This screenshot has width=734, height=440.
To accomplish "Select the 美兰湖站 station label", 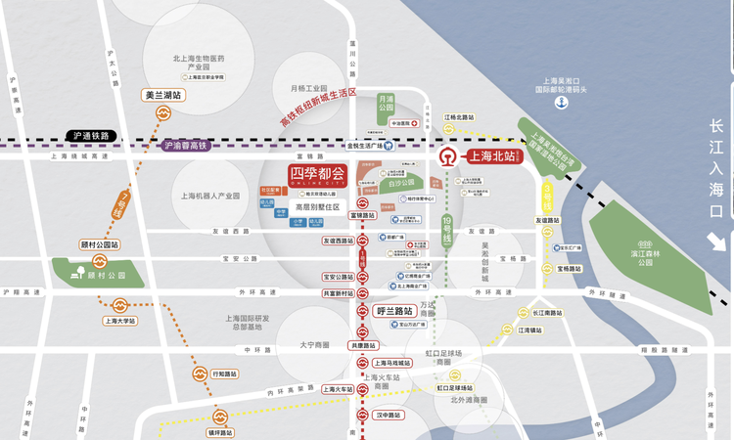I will coord(162,96).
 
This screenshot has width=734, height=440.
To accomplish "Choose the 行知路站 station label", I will coord(225,374).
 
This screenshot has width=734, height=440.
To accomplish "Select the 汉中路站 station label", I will coord(390,415).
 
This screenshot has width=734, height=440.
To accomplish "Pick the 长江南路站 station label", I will coord(548,313).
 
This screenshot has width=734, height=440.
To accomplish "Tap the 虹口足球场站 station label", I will coord(457,387).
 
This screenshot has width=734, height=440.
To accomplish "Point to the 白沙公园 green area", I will coord(400,183).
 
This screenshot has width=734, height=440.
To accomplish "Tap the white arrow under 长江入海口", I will coord(716,242).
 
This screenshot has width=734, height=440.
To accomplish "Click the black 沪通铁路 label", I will coord(90,135).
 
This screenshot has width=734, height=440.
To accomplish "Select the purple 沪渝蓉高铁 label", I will coord(186,146).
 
